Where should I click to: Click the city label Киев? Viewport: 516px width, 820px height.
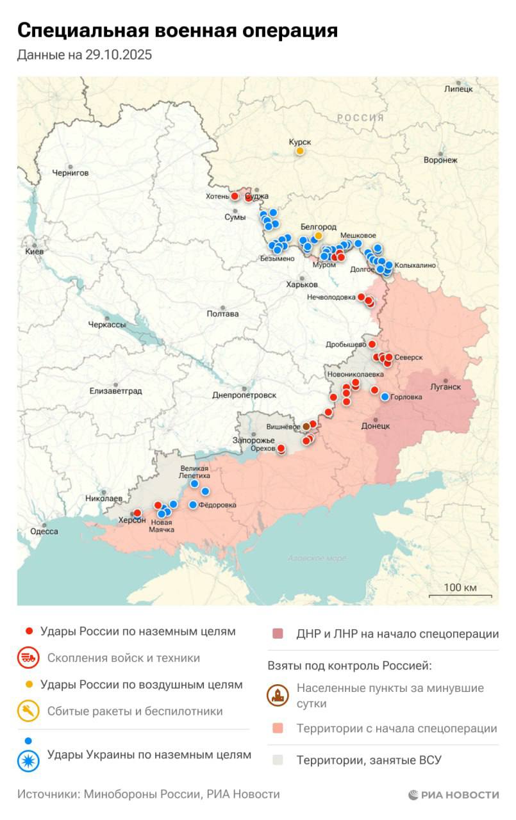(34, 252)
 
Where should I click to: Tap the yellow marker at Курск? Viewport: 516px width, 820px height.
(299, 151)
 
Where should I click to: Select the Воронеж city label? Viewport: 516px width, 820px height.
(440, 160)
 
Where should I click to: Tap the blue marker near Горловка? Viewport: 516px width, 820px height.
(385, 397)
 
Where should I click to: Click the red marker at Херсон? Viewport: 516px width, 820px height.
(137, 513)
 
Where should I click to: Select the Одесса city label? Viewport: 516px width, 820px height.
(44, 532)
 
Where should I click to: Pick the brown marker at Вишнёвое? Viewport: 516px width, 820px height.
(306, 426)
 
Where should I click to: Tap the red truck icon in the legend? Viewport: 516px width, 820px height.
(28, 658)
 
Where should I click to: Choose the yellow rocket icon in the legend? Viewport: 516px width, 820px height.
(28, 711)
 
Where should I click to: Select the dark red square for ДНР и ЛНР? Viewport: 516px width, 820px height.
(278, 634)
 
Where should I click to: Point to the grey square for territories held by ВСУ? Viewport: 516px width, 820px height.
(278, 760)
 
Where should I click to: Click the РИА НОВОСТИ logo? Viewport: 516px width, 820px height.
(453, 795)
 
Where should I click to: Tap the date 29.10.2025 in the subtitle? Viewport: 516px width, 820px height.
(118, 55)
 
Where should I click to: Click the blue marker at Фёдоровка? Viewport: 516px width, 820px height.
(193, 505)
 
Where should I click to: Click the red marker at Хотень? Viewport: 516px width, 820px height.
(235, 196)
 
